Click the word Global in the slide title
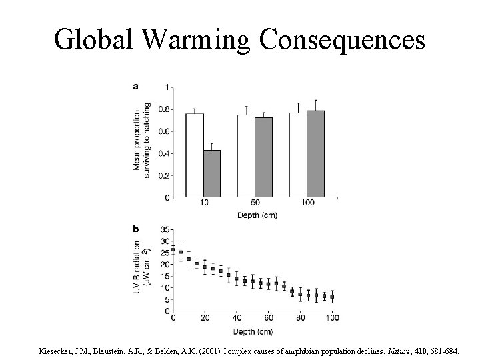95,40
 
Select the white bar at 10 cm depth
194,155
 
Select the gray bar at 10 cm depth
211,174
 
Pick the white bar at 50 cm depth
246,156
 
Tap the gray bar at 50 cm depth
263,157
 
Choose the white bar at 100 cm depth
298,155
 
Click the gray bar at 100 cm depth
315,154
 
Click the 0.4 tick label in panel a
163,153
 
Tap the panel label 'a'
136,86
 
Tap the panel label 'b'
136,229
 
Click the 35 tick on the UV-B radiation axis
165,230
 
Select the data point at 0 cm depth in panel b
173,250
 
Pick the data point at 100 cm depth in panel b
332,297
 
